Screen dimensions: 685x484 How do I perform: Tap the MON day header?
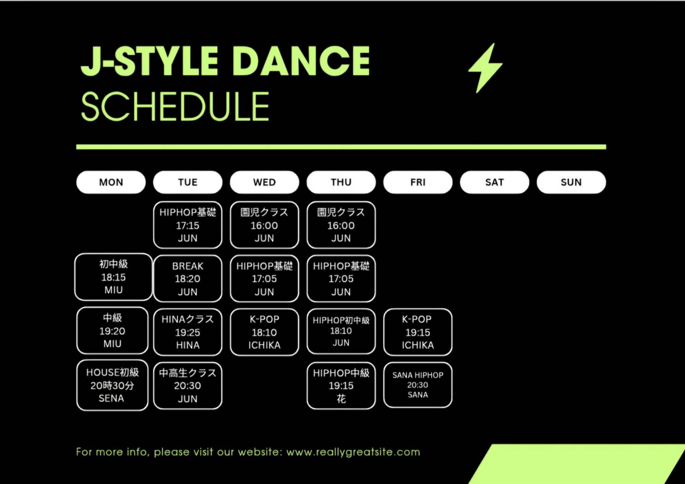pyautogui.click(x=111, y=182)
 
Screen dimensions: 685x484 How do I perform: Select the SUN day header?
pyautogui.click(x=571, y=182)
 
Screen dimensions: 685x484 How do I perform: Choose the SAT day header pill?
pyautogui.click(x=495, y=182)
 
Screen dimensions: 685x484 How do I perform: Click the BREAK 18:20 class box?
pyautogui.click(x=188, y=278)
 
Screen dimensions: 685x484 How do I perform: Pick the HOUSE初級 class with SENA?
pyautogui.click(x=112, y=385)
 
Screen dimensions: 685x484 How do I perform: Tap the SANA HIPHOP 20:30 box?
pyautogui.click(x=418, y=385)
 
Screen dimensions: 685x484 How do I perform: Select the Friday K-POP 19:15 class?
pyautogui.click(x=418, y=332)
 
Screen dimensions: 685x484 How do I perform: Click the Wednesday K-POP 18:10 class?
pyautogui.click(x=265, y=332)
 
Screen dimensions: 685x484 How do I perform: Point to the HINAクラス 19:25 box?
pyautogui.click(x=188, y=332)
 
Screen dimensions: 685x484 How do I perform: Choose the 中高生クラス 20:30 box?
pyautogui.click(x=188, y=385)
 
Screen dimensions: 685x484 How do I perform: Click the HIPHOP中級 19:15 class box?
pyautogui.click(x=341, y=385)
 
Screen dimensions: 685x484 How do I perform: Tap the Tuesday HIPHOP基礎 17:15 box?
pyautogui.click(x=188, y=225)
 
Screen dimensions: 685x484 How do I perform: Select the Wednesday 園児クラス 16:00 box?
pyautogui.click(x=265, y=225)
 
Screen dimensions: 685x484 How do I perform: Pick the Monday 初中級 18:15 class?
pyautogui.click(x=113, y=277)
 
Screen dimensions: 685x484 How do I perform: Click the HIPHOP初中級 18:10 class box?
pyautogui.click(x=341, y=331)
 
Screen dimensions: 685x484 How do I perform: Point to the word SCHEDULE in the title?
pyautogui.click(x=175, y=106)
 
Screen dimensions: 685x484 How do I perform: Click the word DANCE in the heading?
pyautogui.click(x=303, y=61)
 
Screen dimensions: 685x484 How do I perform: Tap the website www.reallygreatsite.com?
pyautogui.click(x=353, y=452)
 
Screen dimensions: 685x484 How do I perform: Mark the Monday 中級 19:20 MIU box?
pyautogui.click(x=112, y=330)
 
